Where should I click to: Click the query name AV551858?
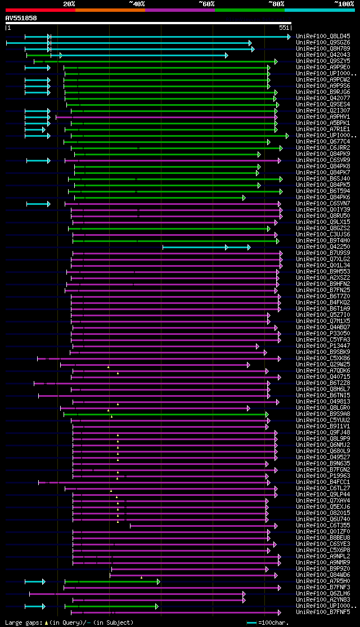pyautogui.click(x=21, y=18)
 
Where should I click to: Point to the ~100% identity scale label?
pyautogui.click(x=344, y=4)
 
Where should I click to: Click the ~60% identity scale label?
pyautogui.click(x=206, y=4)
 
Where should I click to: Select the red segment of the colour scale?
pyautogui.click(x=40, y=10)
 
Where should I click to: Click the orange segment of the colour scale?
pyautogui.click(x=110, y=10)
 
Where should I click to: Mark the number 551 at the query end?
pyautogui.click(x=284, y=28)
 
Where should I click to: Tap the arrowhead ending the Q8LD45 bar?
pyautogui.click(x=289, y=37)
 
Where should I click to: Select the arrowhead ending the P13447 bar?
pyautogui.click(x=258, y=346)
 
